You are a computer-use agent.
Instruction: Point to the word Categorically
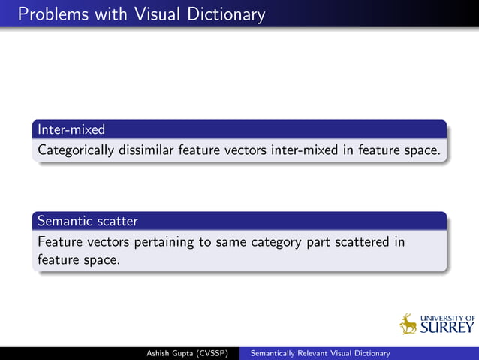[x=75, y=150]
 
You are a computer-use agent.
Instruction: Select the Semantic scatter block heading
[x=87, y=221]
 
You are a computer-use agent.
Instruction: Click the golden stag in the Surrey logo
[x=409, y=324]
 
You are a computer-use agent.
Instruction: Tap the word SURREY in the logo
[x=447, y=328]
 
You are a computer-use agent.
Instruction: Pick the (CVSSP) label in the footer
[x=212, y=353]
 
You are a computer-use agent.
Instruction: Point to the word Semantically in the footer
[x=275, y=353]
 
